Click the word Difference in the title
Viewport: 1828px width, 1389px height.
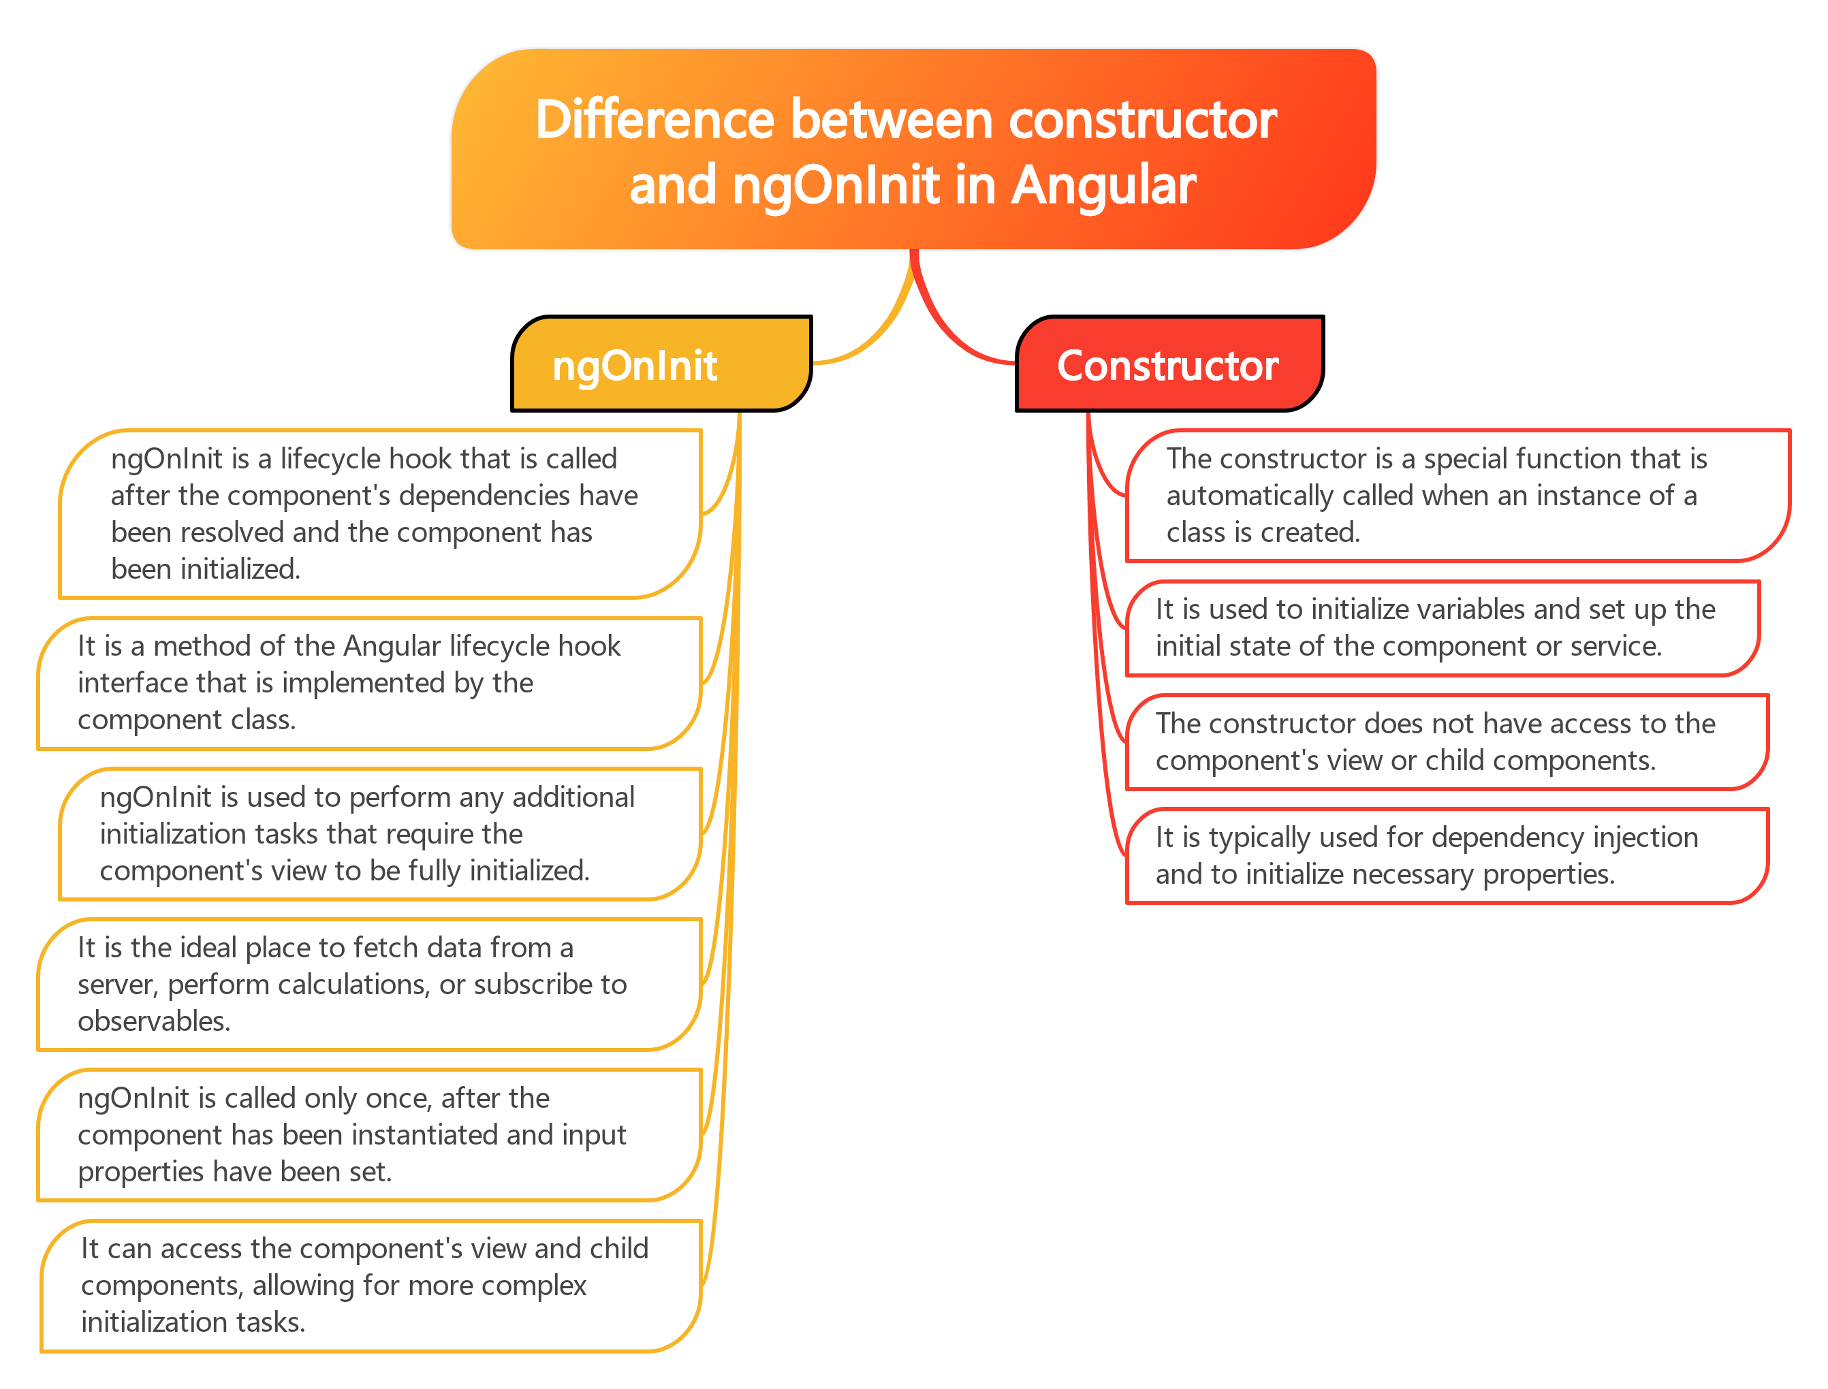(x=654, y=121)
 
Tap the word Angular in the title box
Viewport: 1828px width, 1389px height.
(x=1104, y=185)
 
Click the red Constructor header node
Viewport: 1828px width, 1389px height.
(x=1167, y=365)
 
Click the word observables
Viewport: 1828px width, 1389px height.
(x=153, y=1022)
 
